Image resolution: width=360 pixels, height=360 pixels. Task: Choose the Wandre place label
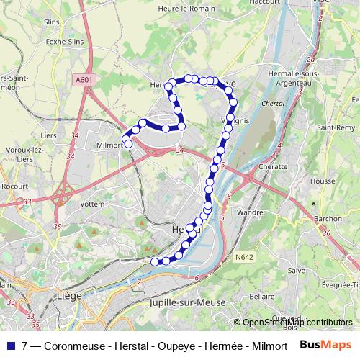(250, 212)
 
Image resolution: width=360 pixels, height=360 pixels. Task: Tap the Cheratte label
(274, 166)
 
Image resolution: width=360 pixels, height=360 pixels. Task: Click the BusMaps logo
(325, 346)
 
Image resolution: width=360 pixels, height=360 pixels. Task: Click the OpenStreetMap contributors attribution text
(297, 323)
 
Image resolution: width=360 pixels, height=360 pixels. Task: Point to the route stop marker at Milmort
(129, 144)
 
